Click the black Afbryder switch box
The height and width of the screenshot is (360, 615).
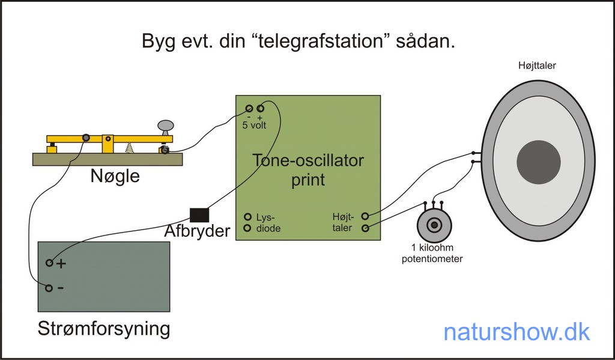coord(199,215)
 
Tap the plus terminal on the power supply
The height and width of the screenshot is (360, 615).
coord(49,263)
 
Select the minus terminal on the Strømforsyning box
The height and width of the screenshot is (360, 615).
coord(49,288)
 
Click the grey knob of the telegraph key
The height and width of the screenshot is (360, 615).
coord(166,125)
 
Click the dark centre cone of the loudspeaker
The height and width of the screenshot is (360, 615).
coord(539,161)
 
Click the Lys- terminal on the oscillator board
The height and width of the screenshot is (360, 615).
coord(247,216)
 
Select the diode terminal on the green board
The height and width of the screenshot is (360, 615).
coord(247,228)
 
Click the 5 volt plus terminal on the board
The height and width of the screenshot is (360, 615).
coord(260,108)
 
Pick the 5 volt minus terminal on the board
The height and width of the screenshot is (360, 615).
coord(249,108)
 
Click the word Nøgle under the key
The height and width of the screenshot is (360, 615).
coord(115,176)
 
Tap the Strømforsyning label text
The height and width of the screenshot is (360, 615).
coord(103,329)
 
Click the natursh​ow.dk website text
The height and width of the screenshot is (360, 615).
coord(517,332)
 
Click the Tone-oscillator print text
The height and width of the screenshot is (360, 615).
coord(307,170)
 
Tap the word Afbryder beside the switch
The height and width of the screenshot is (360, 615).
coord(198,231)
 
